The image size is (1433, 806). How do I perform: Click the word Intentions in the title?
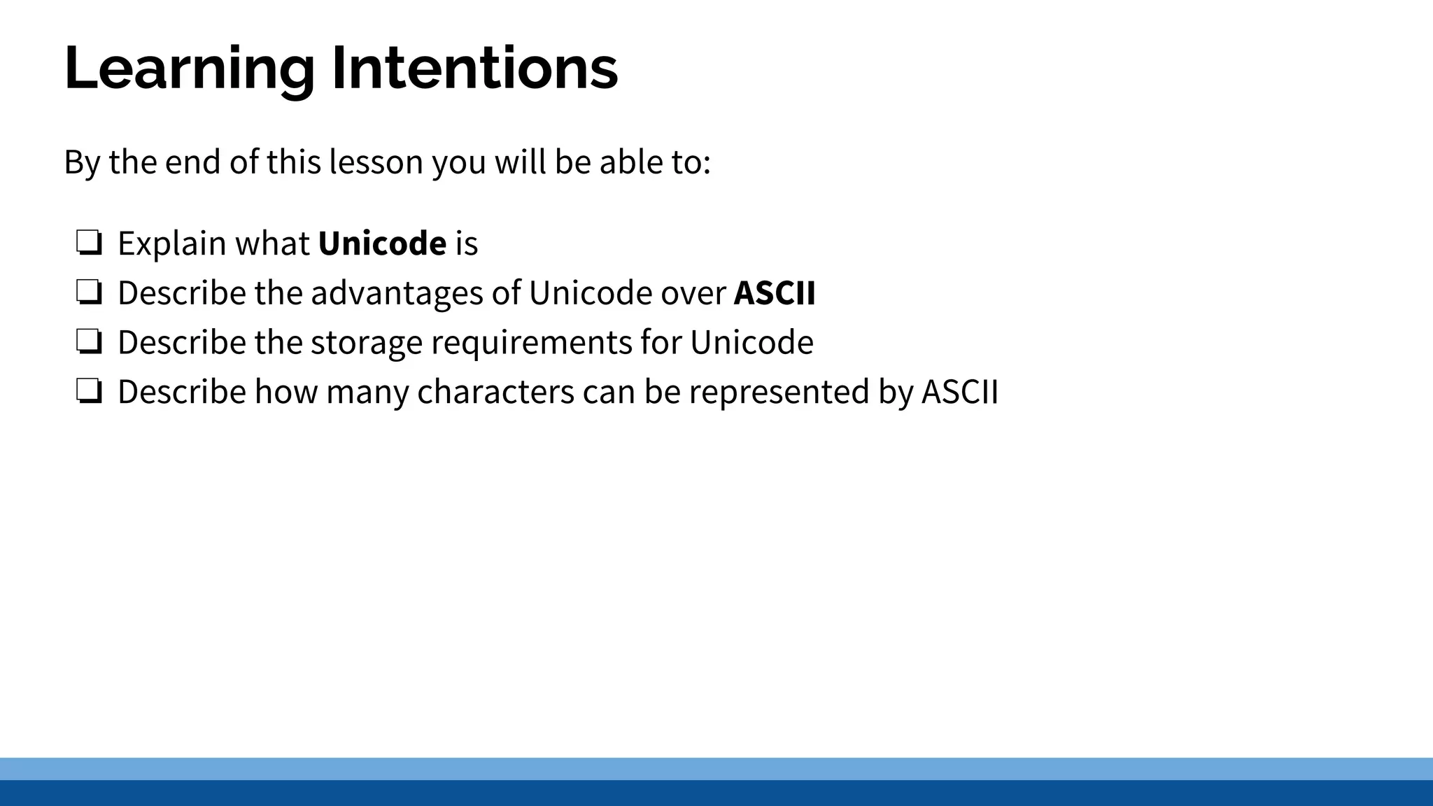[474, 69]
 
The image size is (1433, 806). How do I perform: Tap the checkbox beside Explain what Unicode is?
[90, 243]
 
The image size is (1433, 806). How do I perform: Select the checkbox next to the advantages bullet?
[90, 292]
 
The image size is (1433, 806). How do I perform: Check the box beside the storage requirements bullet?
[90, 342]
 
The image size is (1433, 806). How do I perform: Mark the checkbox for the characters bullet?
[90, 392]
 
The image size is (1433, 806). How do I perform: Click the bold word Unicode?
[382, 243]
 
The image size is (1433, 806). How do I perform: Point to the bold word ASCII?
[775, 292]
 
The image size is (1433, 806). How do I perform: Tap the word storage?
[367, 343]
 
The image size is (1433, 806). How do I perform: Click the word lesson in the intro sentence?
[376, 162]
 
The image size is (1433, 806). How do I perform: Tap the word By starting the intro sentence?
[82, 162]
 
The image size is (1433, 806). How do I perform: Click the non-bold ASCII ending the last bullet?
[959, 392]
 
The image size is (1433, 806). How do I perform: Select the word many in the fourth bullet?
[367, 392]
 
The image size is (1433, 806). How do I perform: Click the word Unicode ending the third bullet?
[751, 343]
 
